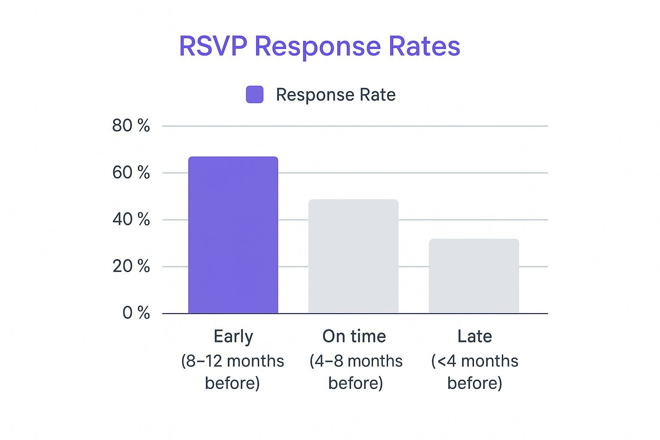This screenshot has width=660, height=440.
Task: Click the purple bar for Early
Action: coord(233,235)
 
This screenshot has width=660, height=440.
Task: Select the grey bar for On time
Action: coord(353,257)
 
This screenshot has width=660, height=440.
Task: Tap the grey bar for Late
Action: coord(474,276)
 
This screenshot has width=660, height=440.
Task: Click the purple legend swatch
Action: coord(254,95)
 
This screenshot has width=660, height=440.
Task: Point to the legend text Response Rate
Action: coord(336,95)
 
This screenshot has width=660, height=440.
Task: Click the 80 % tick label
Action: coord(131,125)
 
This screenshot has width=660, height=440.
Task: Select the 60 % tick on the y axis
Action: coord(131,173)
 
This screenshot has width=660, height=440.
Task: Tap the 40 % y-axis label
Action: coord(131,220)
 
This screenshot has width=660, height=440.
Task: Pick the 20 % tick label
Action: coord(131,266)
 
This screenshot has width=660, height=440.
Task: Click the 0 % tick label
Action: coord(136,313)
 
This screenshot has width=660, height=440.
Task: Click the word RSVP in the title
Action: coord(213,46)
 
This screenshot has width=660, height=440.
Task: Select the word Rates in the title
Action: coord(424,46)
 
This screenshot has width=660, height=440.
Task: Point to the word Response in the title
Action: coord(318,47)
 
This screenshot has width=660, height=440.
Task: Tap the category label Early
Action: coord(233,336)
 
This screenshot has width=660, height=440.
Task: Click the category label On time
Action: coord(354,336)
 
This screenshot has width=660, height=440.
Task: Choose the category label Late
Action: coord(474,336)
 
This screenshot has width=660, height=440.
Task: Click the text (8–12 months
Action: coord(232,361)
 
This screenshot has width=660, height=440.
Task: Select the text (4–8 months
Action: coord(356,361)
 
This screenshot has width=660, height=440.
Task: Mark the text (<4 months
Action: coord(474,361)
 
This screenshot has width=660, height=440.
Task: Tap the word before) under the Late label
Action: coord(474,383)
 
